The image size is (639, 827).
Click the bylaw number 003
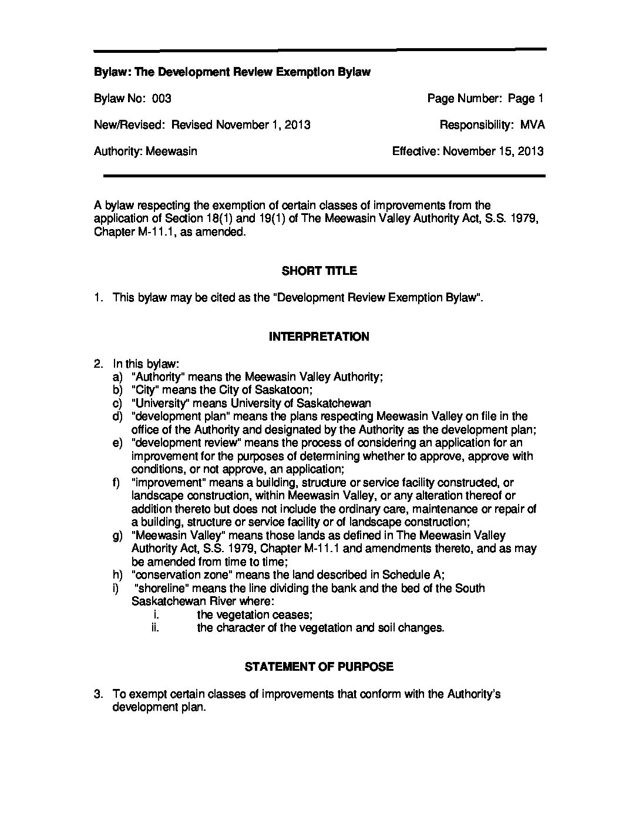[x=162, y=99]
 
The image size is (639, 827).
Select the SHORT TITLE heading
[x=319, y=271]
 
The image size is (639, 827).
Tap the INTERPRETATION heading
[x=319, y=337]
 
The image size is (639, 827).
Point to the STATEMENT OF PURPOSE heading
[x=319, y=667]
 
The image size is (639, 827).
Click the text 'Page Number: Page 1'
[x=485, y=99]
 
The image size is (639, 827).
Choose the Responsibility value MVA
[x=533, y=125]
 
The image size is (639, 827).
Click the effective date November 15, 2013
[x=493, y=151]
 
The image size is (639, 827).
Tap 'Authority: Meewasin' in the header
[x=145, y=151]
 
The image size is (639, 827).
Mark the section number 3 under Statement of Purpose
[x=97, y=694]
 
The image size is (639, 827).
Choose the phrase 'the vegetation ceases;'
[x=254, y=614]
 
